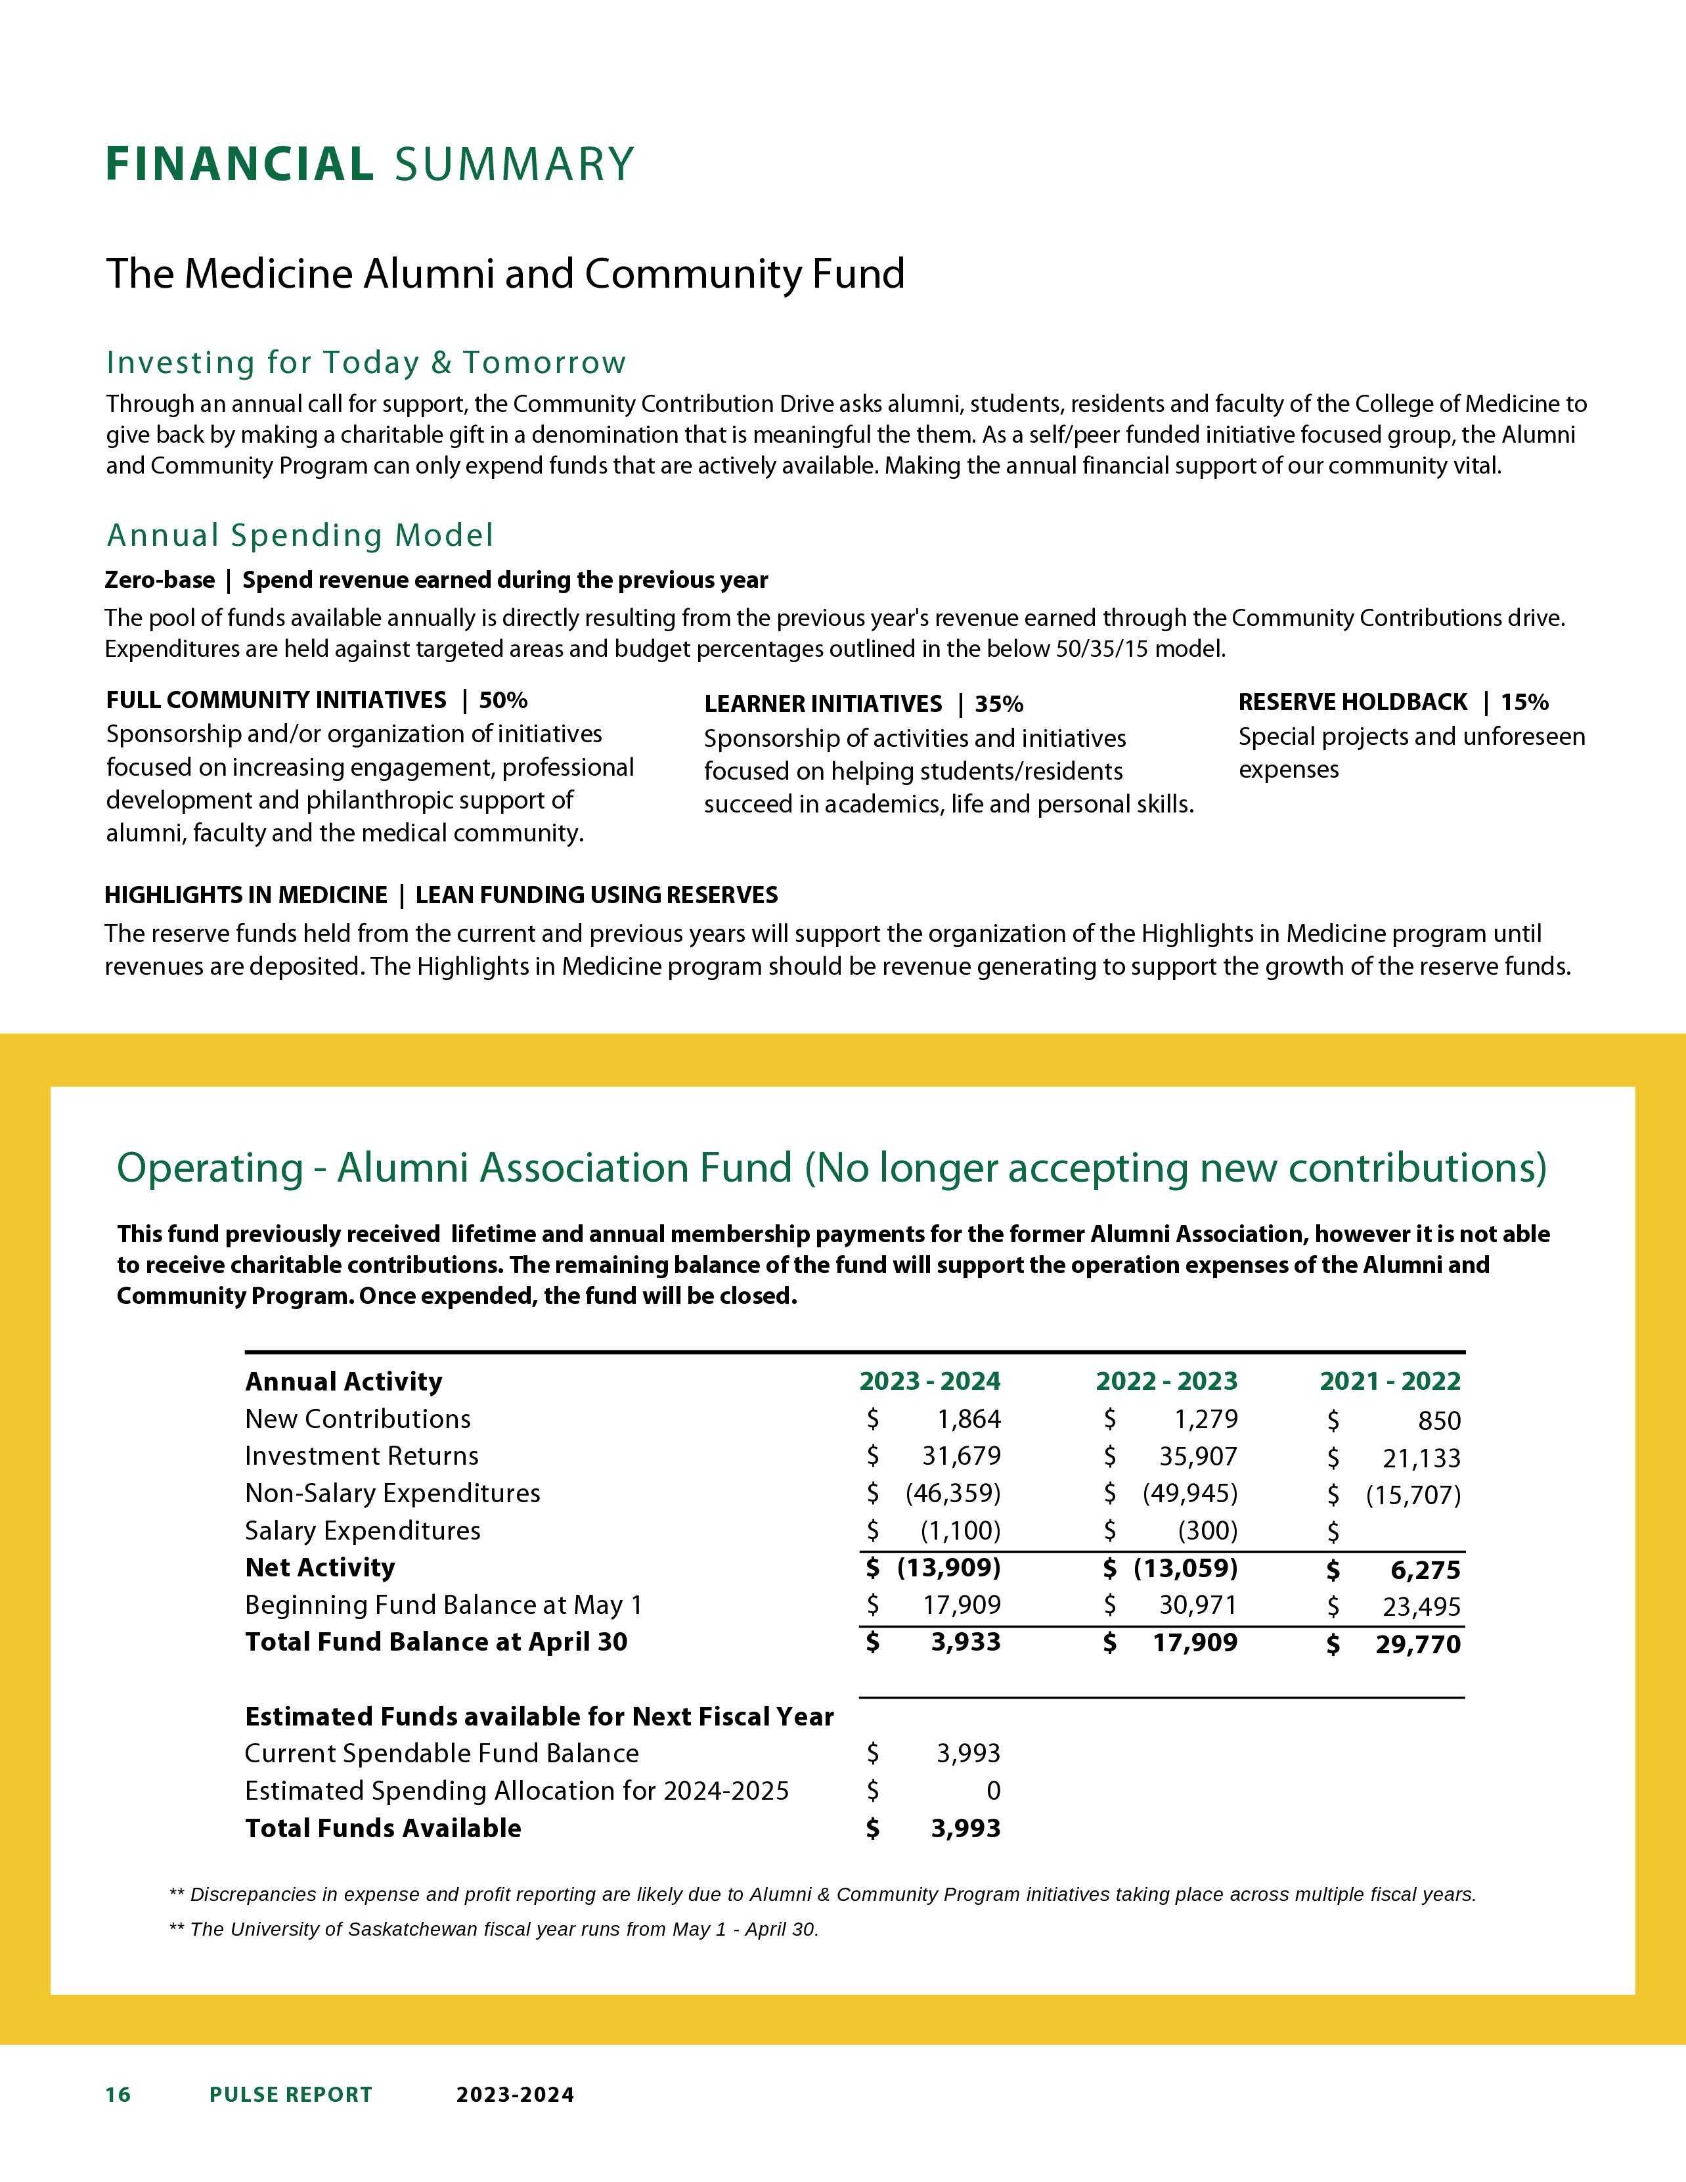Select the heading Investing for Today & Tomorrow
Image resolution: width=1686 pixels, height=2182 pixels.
click(366, 363)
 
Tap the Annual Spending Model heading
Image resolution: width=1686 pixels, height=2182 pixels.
click(299, 535)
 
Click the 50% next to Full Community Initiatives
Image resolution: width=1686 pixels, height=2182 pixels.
click(503, 700)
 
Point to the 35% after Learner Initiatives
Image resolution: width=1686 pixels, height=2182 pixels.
click(999, 704)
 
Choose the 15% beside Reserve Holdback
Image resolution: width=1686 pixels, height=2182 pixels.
click(1524, 702)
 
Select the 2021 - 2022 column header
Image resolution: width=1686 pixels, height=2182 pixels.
click(1389, 1382)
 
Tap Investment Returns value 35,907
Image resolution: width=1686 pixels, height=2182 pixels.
click(1199, 1457)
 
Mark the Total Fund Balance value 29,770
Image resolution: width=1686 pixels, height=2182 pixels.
click(1418, 1645)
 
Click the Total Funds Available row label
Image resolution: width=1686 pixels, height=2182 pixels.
click(384, 1829)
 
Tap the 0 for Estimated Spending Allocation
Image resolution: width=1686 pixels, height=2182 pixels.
click(993, 1791)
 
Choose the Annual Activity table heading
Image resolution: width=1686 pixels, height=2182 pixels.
click(344, 1382)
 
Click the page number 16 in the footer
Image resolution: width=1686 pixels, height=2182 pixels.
click(118, 2095)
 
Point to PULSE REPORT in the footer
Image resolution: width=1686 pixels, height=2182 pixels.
click(291, 2095)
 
